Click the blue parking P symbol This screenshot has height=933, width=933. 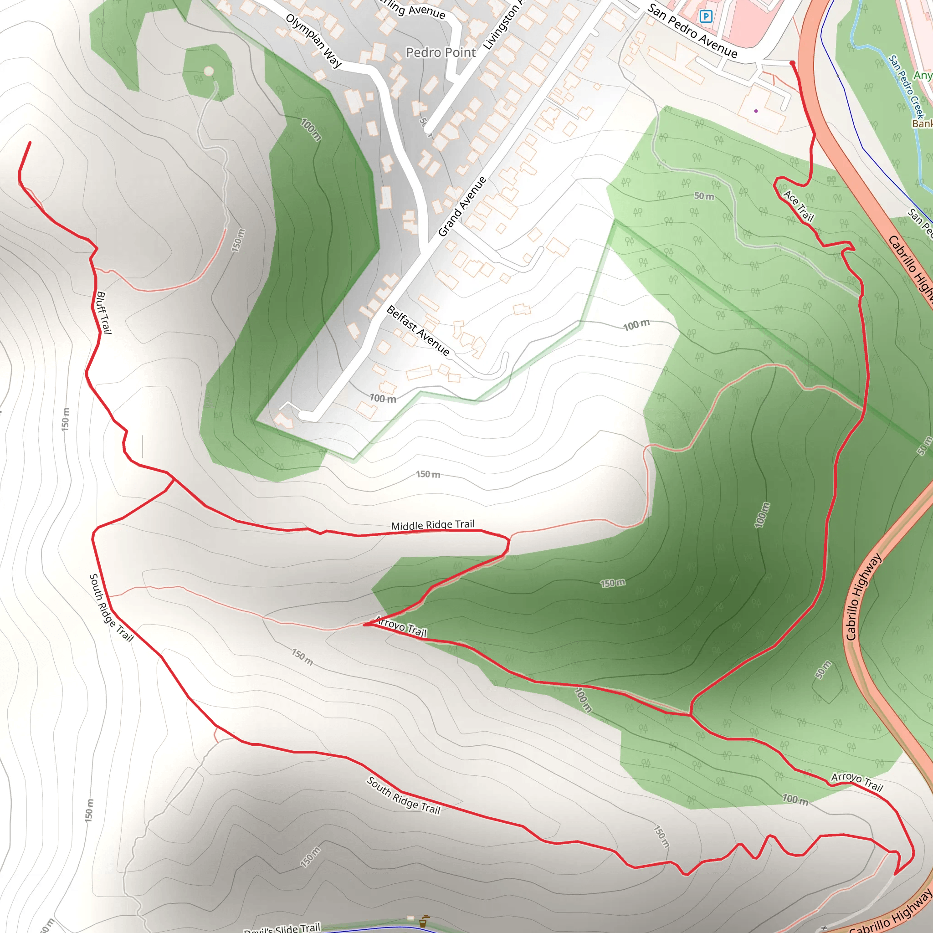tap(706, 17)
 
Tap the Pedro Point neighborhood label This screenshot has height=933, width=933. tap(441, 52)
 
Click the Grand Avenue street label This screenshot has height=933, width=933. tap(462, 207)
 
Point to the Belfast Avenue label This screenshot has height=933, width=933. tap(418, 331)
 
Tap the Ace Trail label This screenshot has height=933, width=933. tap(799, 206)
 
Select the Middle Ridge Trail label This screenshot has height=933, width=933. tap(433, 525)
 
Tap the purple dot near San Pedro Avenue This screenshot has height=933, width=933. tap(756, 111)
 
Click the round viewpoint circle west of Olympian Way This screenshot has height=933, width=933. tap(209, 72)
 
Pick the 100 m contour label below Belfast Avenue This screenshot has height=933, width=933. tap(383, 399)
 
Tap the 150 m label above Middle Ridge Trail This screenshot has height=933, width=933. tap(428, 474)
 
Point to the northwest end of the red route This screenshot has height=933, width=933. tap(30, 143)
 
